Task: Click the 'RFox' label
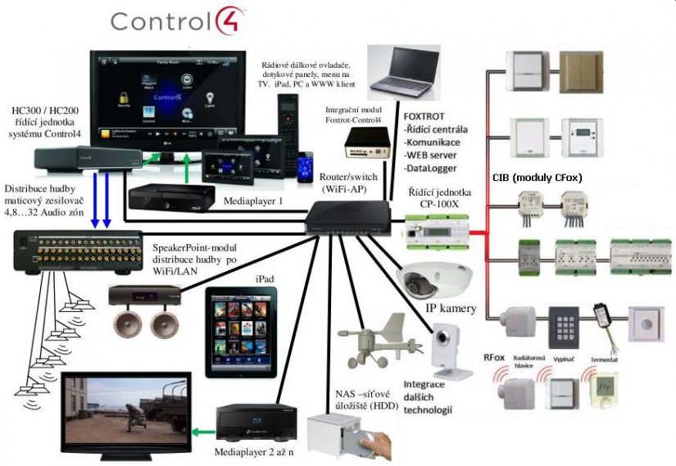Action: click(494, 357)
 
